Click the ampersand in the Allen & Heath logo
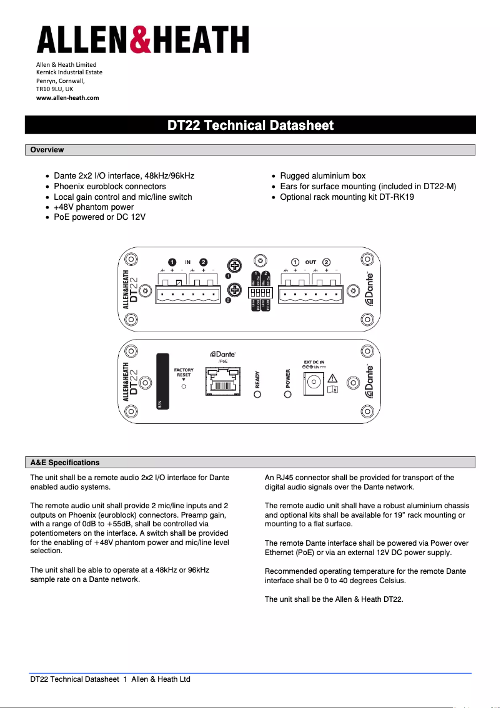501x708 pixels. point(142,39)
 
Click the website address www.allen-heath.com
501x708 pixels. point(67,97)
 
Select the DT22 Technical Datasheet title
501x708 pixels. point(250,125)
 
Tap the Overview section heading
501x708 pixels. point(47,150)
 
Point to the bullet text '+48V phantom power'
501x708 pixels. point(94,207)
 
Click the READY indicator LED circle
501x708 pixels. point(257,394)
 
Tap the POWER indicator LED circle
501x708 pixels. point(288,394)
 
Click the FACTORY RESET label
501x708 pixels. point(184,373)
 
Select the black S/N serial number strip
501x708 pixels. point(162,381)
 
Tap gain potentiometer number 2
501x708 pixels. point(236,290)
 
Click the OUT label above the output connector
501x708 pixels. point(310,262)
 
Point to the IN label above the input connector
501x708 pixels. point(187,262)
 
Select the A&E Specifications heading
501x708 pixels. point(65,463)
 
